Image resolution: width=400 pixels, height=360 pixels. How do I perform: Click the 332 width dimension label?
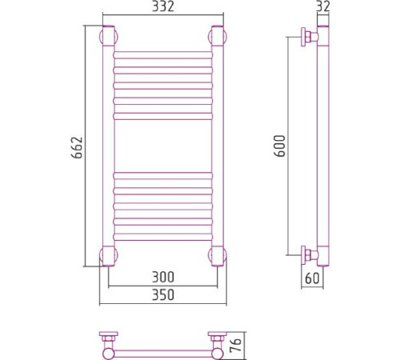pyautogui.click(x=163, y=6)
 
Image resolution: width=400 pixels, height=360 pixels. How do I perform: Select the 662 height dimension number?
pyautogui.click(x=78, y=147)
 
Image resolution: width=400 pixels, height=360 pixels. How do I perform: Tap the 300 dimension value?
pyautogui.click(x=163, y=277)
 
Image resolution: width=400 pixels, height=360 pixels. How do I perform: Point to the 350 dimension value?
pyautogui.click(x=163, y=294)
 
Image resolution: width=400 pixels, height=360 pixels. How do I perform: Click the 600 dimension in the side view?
pyautogui.click(x=280, y=146)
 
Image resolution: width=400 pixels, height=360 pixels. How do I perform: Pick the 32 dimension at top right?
pyautogui.click(x=323, y=6)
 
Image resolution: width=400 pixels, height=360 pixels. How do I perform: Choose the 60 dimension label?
pyautogui.click(x=312, y=278)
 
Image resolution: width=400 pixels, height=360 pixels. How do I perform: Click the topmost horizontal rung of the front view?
pyautogui.click(x=163, y=55)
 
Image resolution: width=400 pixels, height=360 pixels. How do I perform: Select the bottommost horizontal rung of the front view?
pyautogui.click(x=163, y=237)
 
